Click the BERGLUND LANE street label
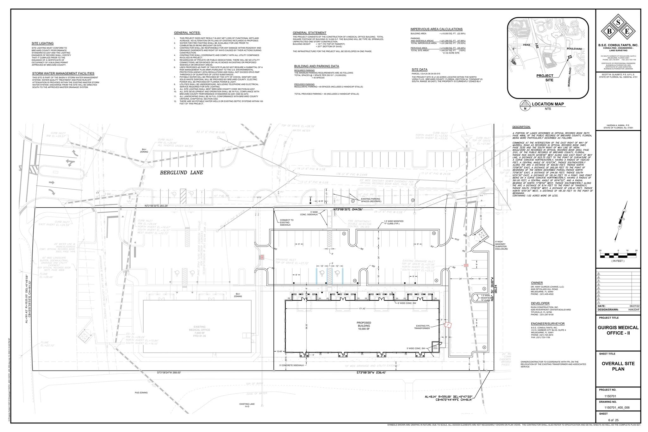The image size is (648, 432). [x=181, y=173]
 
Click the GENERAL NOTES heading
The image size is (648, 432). [x=187, y=33]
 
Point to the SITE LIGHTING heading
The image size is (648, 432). [x=42, y=43]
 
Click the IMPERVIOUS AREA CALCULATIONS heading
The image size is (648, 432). [x=436, y=29]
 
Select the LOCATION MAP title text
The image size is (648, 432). [x=548, y=104]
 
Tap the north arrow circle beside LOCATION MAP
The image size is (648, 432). [x=525, y=105]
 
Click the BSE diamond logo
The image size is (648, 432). [x=618, y=31]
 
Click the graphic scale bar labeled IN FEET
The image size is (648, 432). [x=618, y=254]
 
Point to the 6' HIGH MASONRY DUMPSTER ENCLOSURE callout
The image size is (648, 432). [x=502, y=245]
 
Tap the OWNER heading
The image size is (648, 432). [x=537, y=283]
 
